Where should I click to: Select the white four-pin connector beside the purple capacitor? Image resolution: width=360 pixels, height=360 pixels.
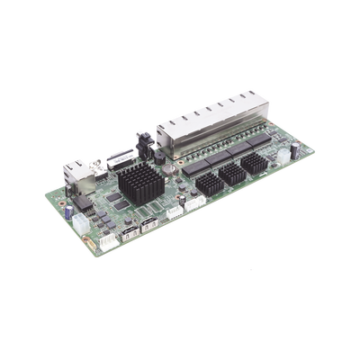85,220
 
